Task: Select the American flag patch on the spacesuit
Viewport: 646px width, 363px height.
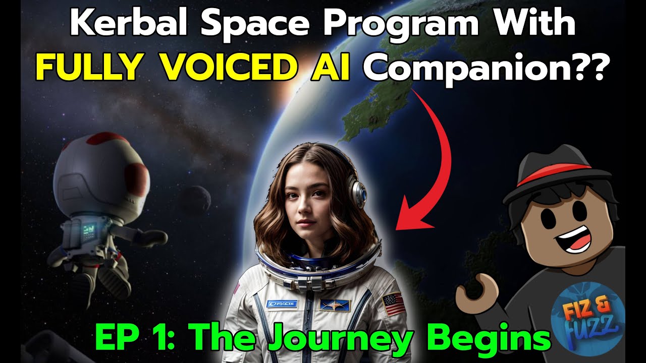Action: pyautogui.click(x=394, y=305)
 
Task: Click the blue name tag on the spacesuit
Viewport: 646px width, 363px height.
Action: pyautogui.click(x=282, y=304)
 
